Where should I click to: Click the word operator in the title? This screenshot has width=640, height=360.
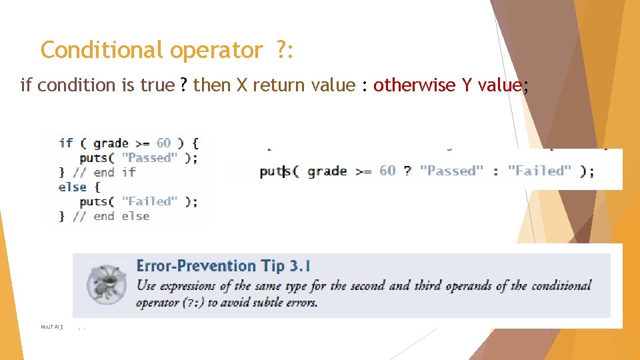(217, 50)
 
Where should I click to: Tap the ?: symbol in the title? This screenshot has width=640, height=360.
(284, 50)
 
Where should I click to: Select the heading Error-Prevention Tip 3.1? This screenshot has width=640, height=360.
(223, 266)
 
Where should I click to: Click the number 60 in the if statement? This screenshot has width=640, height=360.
(163, 143)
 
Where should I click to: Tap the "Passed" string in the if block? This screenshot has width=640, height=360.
(149, 157)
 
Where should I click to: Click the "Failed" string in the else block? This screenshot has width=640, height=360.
(149, 201)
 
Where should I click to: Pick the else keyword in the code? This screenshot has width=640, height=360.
(72, 187)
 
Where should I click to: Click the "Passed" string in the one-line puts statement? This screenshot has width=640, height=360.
(451, 171)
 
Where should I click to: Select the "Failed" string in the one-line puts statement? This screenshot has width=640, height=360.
(539, 171)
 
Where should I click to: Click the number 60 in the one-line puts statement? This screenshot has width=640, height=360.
(387, 171)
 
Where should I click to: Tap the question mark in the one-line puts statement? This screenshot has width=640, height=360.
(407, 171)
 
